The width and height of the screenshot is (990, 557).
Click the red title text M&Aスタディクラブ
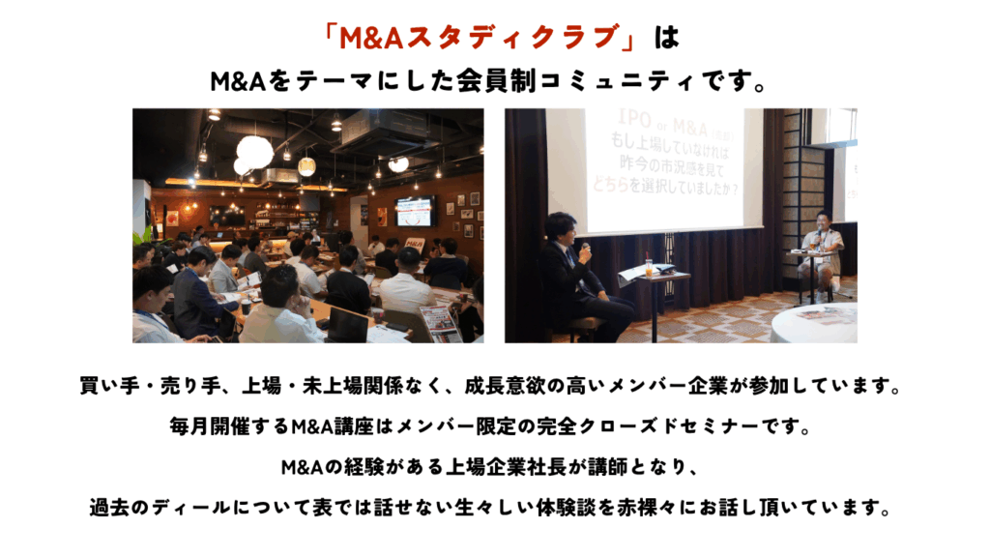click(x=479, y=38)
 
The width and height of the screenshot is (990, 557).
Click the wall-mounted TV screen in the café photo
click(x=415, y=211)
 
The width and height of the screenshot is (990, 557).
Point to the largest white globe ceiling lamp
click(x=255, y=152)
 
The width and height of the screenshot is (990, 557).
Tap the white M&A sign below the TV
click(x=414, y=243)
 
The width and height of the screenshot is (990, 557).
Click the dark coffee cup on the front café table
click(x=246, y=307)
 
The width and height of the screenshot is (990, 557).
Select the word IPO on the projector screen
click(x=633, y=118)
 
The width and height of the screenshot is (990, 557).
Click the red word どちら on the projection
click(x=611, y=184)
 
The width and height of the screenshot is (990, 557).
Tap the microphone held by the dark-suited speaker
click(x=585, y=249)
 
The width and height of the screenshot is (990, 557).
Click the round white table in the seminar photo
click(x=814, y=323)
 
